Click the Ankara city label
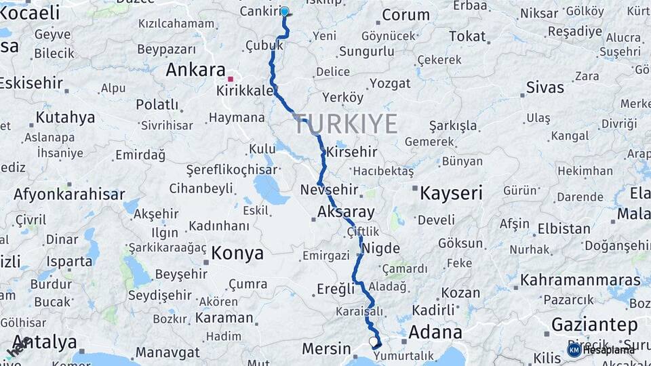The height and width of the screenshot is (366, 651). (x=196, y=70)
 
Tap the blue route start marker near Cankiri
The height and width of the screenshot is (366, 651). (x=285, y=12)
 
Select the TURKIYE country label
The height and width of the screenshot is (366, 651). (x=346, y=123)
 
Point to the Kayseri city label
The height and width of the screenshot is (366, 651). (x=451, y=193)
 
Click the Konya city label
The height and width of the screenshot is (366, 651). (x=237, y=253)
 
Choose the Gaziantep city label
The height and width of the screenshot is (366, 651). (x=594, y=323)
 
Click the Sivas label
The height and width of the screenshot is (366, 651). (x=545, y=87)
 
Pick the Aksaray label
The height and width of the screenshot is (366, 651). (x=346, y=212)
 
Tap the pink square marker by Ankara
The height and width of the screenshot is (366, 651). (x=231, y=79)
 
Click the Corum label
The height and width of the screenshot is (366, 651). (x=406, y=15)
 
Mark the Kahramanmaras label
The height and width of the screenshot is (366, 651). (x=580, y=279)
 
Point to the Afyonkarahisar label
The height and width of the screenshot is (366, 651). (x=69, y=195)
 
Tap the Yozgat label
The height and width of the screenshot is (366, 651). (x=390, y=84)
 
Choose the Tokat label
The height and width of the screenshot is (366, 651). (x=467, y=37)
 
